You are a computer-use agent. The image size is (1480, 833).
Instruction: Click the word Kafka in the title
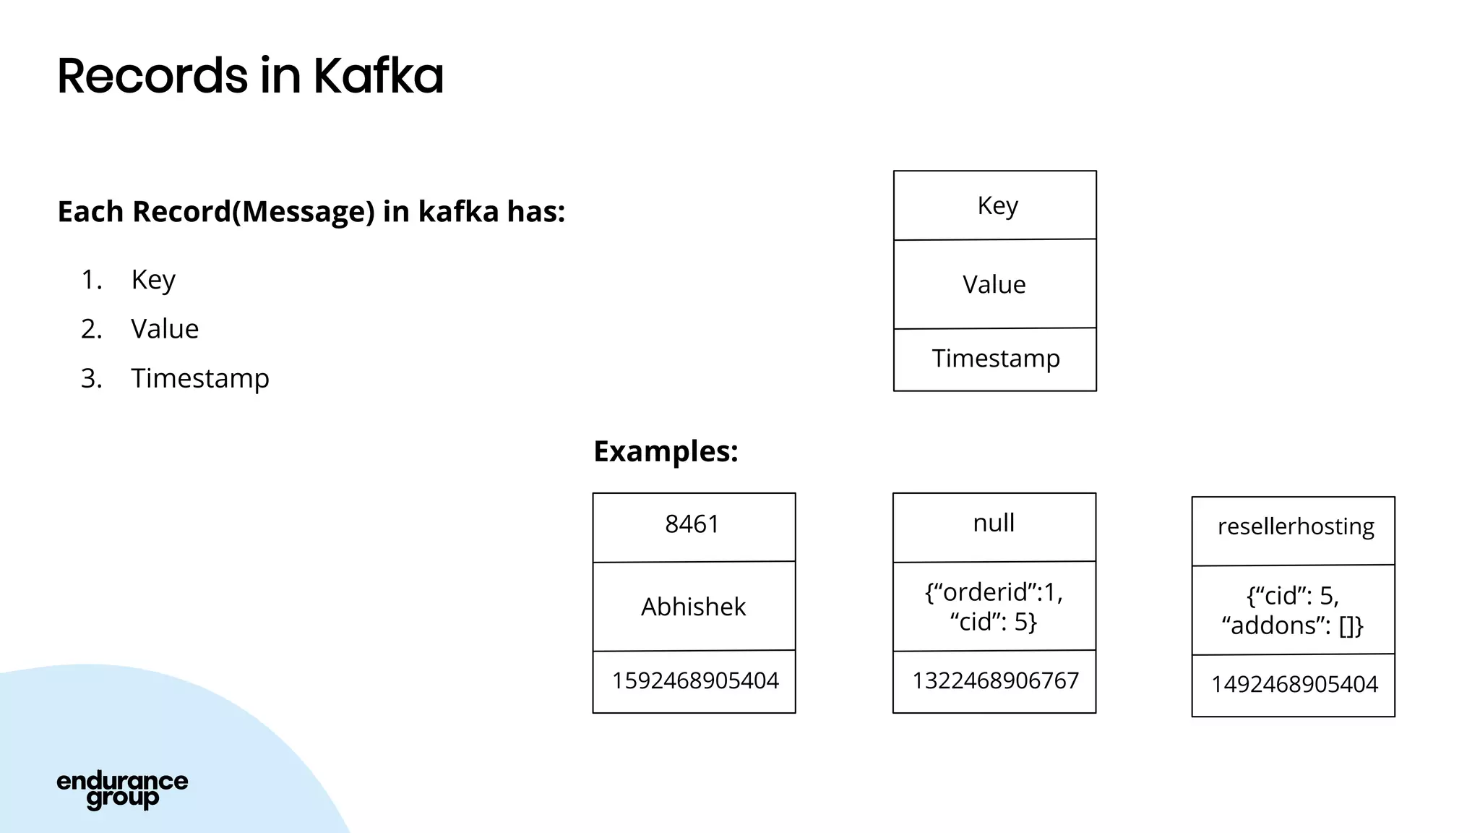[378, 76]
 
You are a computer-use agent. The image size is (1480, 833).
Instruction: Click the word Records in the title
[152, 76]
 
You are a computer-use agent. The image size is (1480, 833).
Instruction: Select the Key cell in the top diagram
[995, 206]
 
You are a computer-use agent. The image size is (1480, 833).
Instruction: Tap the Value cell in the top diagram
[995, 284]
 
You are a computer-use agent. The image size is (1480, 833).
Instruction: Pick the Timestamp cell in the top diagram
[995, 359]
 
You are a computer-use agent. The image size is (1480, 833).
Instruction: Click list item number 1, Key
[153, 280]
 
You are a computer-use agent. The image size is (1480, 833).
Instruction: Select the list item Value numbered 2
[164, 329]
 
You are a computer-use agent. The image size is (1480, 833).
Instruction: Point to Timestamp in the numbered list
[199, 378]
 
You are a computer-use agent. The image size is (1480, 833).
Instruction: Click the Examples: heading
[666, 451]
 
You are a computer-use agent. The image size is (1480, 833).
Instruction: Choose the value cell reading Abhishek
[693, 607]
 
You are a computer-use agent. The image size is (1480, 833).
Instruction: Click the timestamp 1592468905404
[694, 681]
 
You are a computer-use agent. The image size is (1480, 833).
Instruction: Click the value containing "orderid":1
[994, 607]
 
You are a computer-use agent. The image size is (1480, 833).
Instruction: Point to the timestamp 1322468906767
[995, 681]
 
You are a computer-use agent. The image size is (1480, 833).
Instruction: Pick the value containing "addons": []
[1293, 611]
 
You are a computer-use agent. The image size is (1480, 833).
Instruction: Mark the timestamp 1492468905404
[1294, 685]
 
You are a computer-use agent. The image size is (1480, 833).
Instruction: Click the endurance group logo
[122, 790]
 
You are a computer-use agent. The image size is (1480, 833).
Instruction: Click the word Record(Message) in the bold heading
[254, 212]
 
